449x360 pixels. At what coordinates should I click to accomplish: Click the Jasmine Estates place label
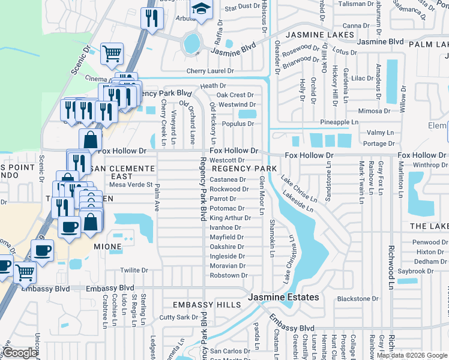coord(285,298)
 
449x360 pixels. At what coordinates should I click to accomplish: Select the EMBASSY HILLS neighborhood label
coord(206,305)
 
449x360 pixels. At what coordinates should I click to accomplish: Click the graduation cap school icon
coord(202,9)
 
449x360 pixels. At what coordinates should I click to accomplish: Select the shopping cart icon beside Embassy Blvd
coord(25,273)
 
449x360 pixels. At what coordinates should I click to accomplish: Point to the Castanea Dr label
coord(228,179)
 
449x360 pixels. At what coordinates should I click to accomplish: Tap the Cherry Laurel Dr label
coord(209,71)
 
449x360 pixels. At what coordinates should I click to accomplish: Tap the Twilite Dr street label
coord(133,271)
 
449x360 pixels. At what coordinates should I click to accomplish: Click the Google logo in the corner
coord(20,353)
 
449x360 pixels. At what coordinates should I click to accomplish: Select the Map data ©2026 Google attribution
coord(412,355)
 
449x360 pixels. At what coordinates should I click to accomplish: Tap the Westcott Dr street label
coord(226,160)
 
